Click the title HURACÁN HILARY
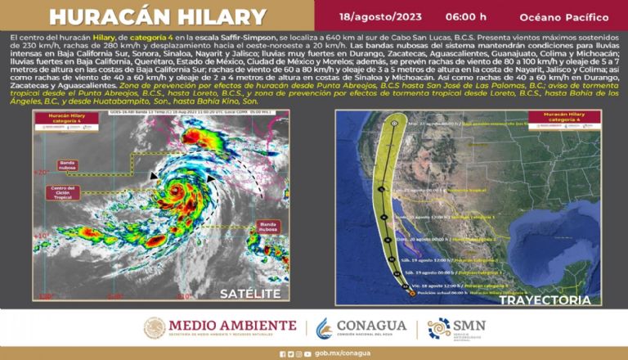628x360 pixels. pyautogui.click(x=157, y=17)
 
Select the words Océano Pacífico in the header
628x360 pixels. pyautogui.click(x=561, y=16)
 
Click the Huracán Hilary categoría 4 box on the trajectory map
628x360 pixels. pyautogui.click(x=559, y=122)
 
